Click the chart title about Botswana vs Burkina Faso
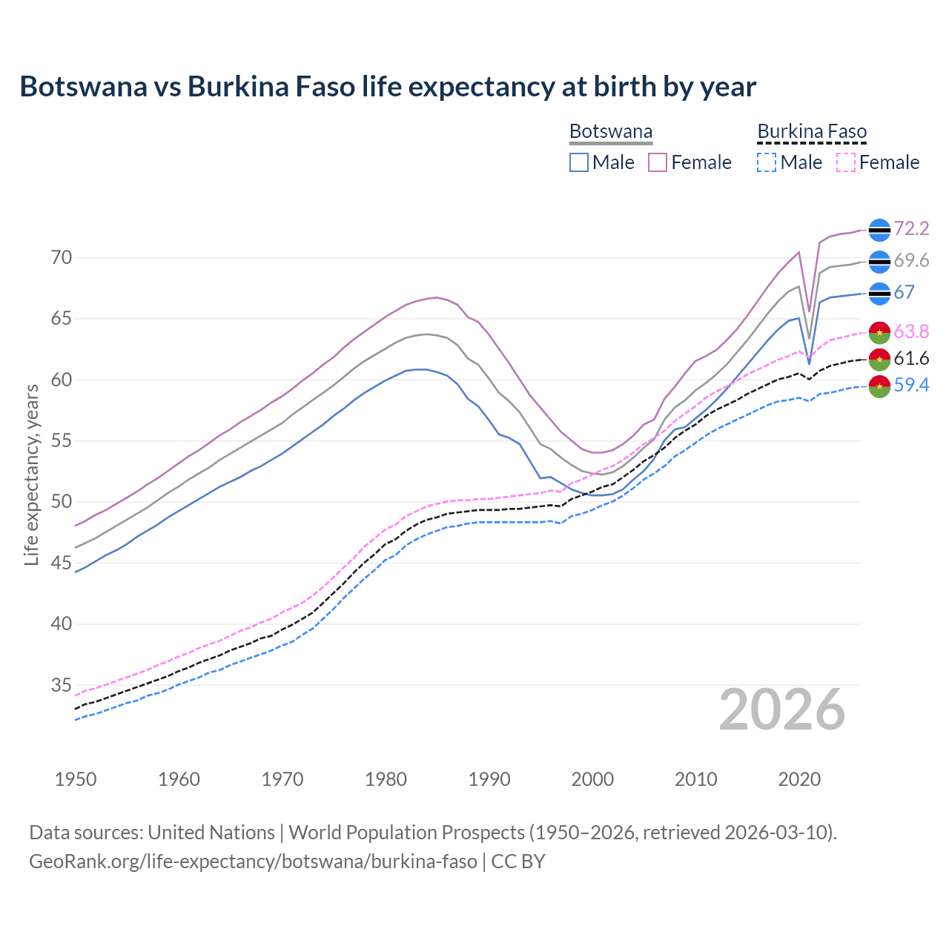point(387,87)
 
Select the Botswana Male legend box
point(579,162)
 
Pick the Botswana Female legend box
point(658,162)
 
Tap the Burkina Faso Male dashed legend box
point(767,162)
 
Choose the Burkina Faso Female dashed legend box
point(846,162)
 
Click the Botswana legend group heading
point(611,132)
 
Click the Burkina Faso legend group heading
point(812,132)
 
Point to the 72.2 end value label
point(911,228)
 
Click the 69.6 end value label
point(911,260)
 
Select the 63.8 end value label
point(911,331)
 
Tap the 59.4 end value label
point(911,385)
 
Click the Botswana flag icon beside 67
point(879,294)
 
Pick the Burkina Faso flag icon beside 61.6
point(879,359)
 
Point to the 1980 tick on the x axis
point(386,779)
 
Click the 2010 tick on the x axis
point(695,779)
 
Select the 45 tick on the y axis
point(62,563)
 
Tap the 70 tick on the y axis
point(62,258)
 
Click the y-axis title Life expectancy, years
point(31,474)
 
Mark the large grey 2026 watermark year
point(781,710)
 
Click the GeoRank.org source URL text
point(253,862)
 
